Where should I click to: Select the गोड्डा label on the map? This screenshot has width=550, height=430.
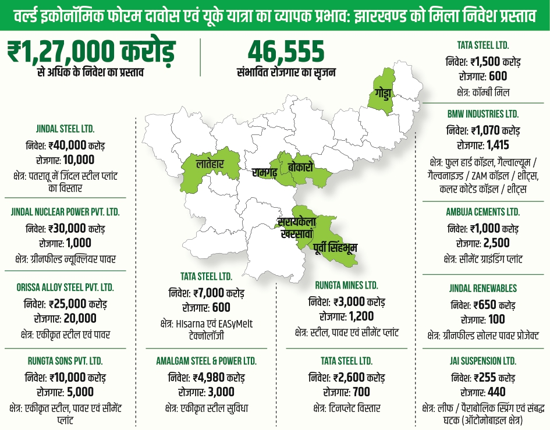tap(383, 93)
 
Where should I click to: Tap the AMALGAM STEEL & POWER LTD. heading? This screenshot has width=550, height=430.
tap(206, 361)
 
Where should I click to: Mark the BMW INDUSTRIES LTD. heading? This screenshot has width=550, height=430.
tap(483, 114)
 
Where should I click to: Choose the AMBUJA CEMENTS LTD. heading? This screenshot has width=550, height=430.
tap(483, 212)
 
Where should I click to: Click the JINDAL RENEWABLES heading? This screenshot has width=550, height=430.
tap(483, 288)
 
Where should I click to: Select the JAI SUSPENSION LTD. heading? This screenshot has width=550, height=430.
tap(483, 361)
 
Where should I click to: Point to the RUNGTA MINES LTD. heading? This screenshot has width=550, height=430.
tap(346, 285)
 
